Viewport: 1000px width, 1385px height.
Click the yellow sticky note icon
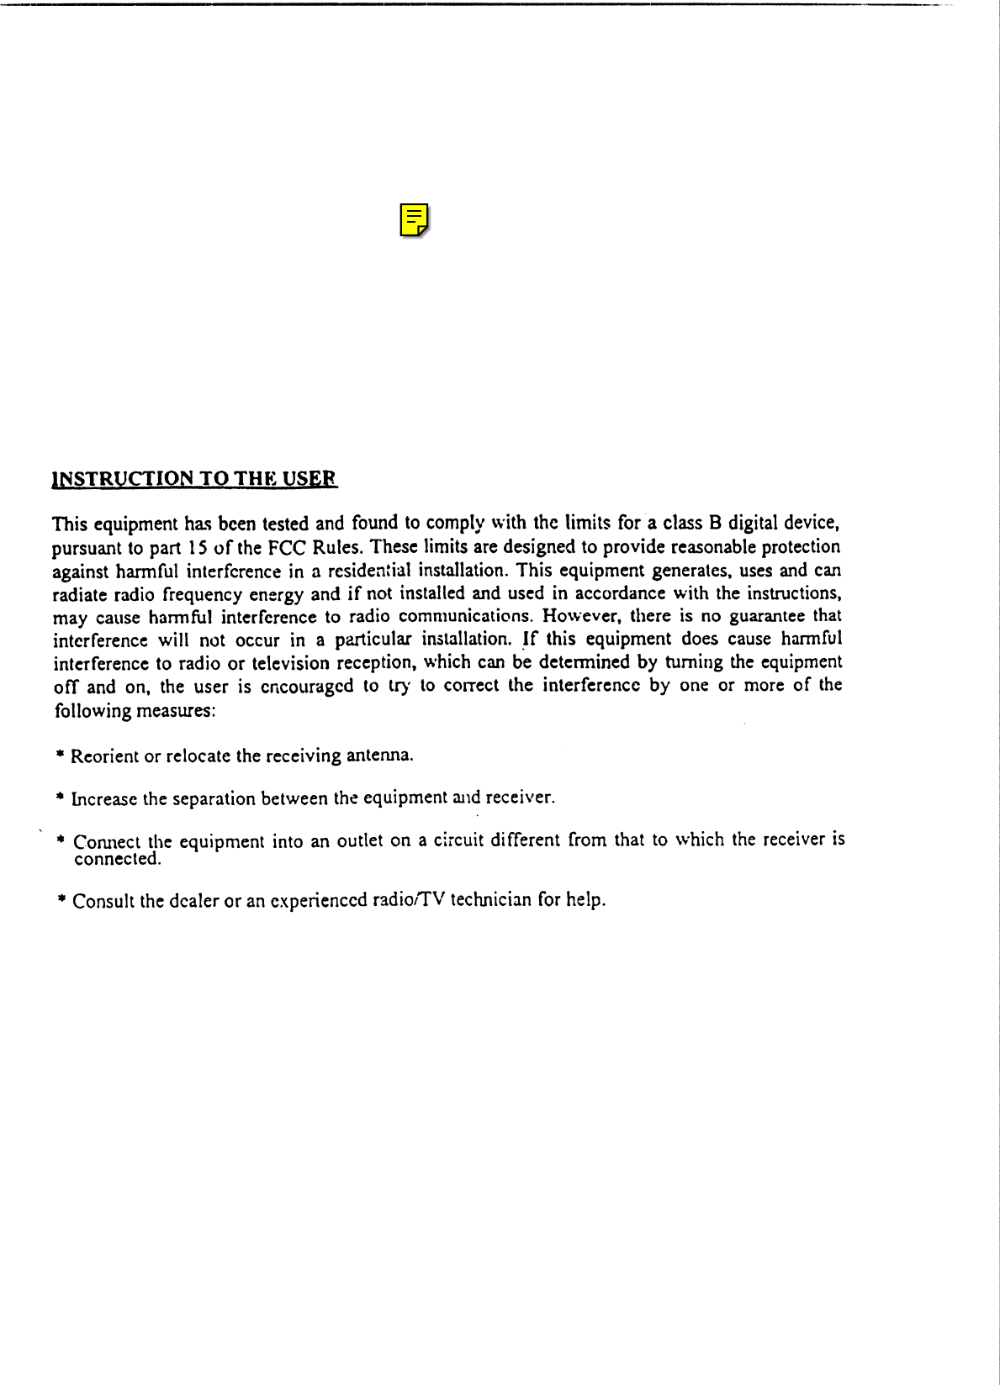pyautogui.click(x=414, y=219)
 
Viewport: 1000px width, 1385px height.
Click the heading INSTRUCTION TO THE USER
pyautogui.click(x=194, y=480)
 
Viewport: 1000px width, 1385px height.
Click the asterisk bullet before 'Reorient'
pyautogui.click(x=61, y=756)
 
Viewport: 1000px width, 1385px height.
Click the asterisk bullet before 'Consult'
pyautogui.click(x=61, y=900)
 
